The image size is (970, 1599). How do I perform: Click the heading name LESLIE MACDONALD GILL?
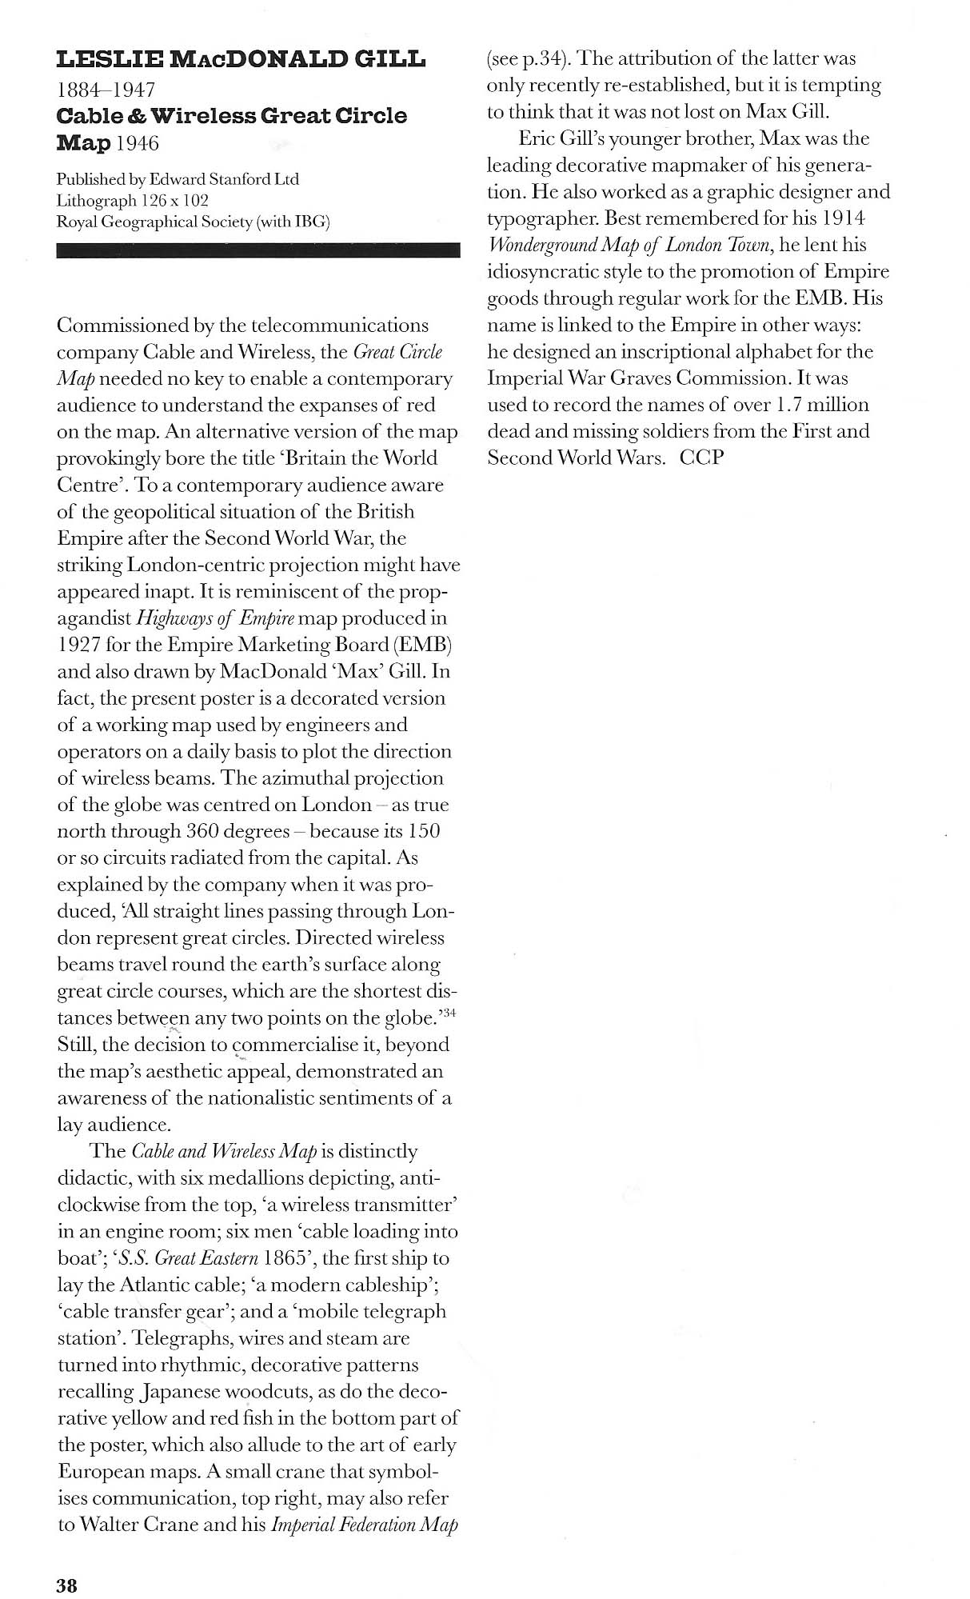tap(241, 59)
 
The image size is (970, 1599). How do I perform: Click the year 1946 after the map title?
tap(136, 143)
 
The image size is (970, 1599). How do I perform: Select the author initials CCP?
tap(701, 458)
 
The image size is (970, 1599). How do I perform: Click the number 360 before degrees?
tap(210, 831)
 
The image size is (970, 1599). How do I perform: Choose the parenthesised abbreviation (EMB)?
tap(421, 645)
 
